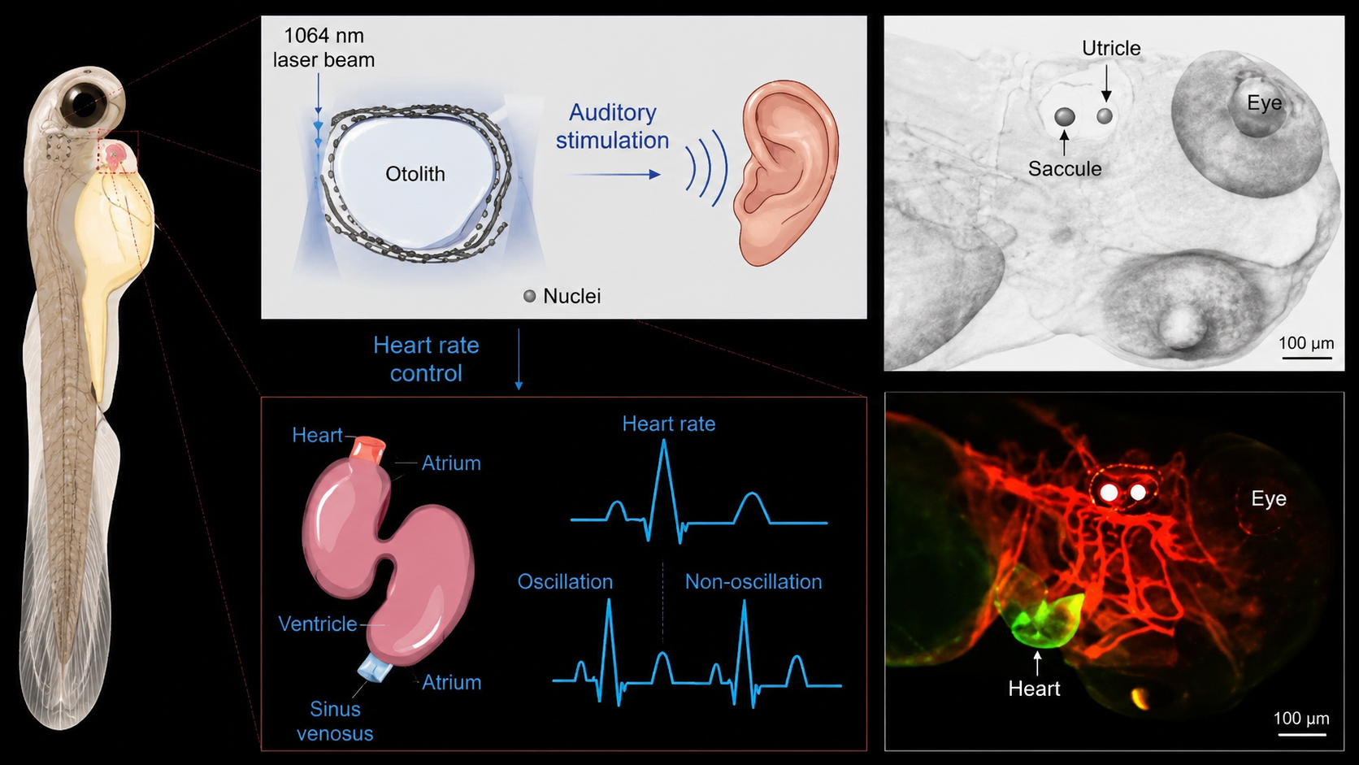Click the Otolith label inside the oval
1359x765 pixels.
point(415,174)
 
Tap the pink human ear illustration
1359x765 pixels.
point(786,173)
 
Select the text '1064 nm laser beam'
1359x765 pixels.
point(323,47)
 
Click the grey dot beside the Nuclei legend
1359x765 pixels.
point(530,296)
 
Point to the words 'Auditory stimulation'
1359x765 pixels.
point(612,126)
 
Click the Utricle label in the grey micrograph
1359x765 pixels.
point(1111,48)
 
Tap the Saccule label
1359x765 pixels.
point(1065,168)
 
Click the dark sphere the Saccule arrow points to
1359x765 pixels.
point(1065,116)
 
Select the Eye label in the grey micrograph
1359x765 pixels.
point(1265,102)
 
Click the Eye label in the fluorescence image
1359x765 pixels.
point(1269,498)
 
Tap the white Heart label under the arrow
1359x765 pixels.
point(1034,689)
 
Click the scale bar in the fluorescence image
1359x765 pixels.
point(1302,735)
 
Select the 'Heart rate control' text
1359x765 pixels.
point(426,359)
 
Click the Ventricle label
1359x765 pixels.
point(317,624)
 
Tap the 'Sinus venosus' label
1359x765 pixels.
point(335,721)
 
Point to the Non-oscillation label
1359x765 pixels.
point(753,582)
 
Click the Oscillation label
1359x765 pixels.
point(565,582)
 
